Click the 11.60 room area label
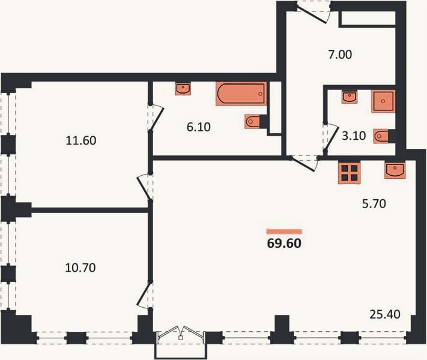81,140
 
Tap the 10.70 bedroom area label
80,268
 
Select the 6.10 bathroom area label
199,127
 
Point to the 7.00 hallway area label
340,55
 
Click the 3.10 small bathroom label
354,136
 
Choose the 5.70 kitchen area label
374,203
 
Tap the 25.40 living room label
385,314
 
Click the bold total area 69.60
284,243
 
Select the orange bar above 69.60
284,232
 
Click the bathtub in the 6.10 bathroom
241,94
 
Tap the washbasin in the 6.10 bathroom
183,89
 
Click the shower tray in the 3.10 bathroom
383,101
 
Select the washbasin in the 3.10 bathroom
350,97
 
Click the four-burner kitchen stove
349,173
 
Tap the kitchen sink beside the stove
395,170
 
